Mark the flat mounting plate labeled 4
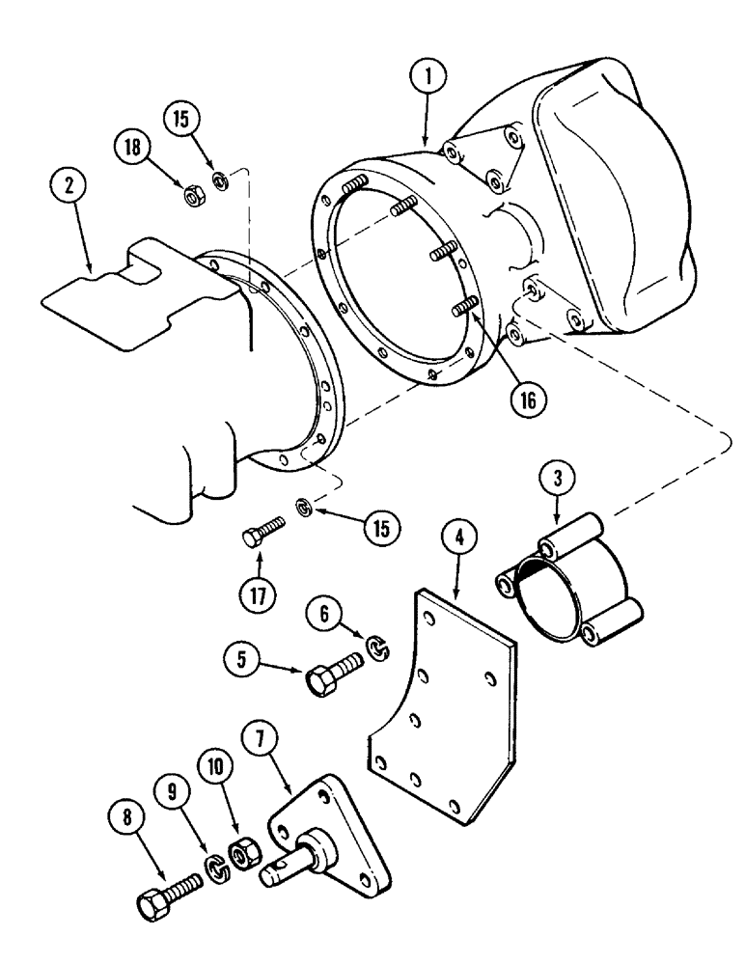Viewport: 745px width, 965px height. coord(439,704)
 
